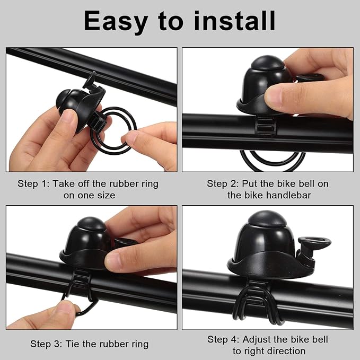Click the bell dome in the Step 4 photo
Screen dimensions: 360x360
pos(268,239)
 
